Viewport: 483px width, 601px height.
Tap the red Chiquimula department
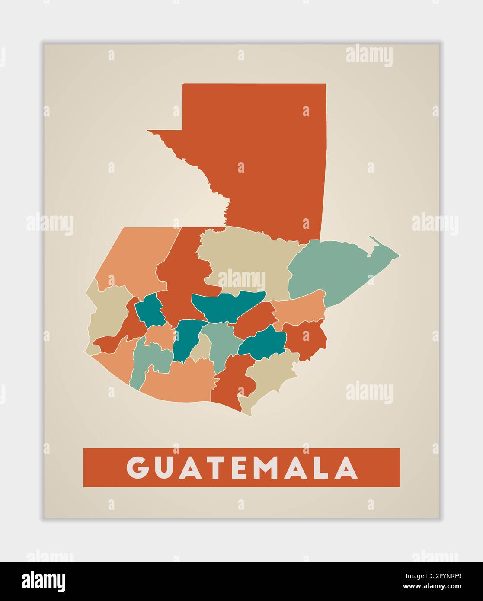click(305, 339)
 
